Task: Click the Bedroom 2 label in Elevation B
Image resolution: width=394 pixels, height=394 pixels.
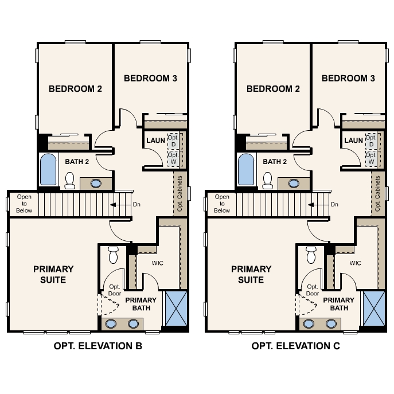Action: (75, 89)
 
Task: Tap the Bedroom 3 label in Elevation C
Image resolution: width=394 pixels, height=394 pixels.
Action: (348, 78)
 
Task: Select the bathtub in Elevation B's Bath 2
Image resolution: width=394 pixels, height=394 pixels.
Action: (49, 169)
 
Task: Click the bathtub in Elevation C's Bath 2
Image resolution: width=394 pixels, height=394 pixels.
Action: (247, 169)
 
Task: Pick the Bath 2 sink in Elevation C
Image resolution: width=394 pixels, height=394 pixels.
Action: (294, 184)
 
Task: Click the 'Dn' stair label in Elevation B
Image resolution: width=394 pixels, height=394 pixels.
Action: (136, 204)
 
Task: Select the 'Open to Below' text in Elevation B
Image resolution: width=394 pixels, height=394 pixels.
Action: (24, 204)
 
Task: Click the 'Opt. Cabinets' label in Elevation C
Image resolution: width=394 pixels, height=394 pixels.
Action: (378, 194)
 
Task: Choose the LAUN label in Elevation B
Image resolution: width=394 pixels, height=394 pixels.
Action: (155, 141)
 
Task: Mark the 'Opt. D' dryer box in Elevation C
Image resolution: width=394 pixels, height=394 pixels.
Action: (371, 141)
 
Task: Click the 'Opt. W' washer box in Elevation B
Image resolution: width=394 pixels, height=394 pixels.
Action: (173, 158)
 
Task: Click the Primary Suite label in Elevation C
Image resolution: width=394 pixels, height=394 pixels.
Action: (251, 274)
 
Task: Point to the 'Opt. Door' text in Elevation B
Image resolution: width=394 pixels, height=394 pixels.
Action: (114, 290)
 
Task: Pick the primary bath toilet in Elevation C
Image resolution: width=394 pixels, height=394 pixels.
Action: (311, 255)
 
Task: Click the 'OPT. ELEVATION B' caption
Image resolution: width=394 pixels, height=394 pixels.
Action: (97, 346)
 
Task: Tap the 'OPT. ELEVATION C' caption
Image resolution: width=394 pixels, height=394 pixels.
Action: (295, 346)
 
